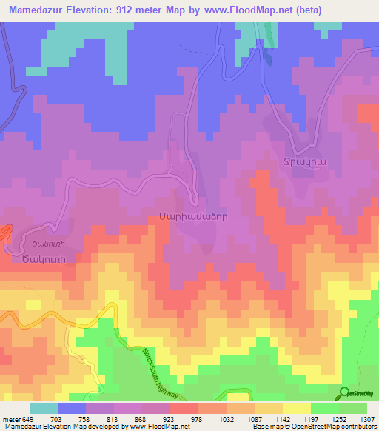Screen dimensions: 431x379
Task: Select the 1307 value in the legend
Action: (366, 418)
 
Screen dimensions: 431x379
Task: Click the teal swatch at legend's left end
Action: (44, 408)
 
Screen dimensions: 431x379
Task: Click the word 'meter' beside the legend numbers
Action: (10, 418)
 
